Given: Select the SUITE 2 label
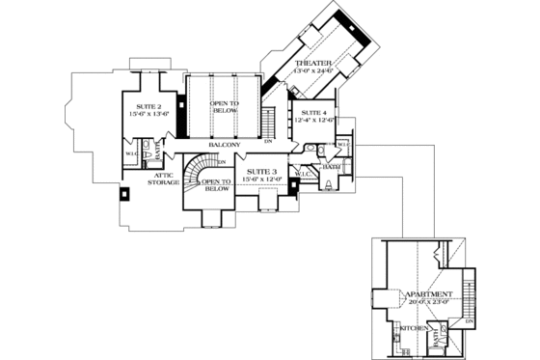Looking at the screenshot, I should (148, 105).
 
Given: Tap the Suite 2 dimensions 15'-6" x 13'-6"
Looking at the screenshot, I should (148, 113).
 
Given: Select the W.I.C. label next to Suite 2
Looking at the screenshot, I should (130, 152).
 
